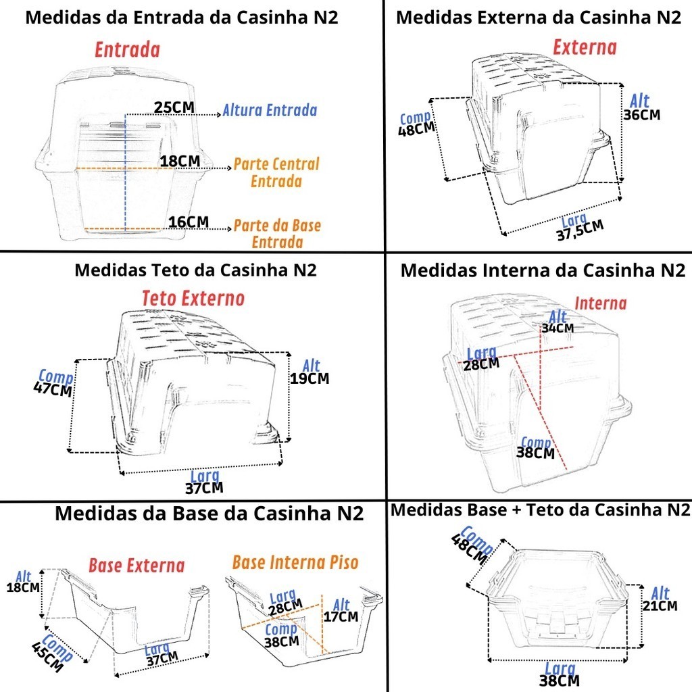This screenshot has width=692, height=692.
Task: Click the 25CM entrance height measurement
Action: [x=174, y=107]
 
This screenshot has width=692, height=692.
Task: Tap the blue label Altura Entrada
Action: [x=270, y=110]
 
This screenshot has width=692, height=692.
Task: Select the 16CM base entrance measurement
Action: [x=189, y=222]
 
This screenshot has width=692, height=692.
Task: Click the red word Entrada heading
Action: [x=127, y=49]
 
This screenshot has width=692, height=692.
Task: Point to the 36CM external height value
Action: [x=642, y=115]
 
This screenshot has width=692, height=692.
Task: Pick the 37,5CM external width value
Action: [x=580, y=230]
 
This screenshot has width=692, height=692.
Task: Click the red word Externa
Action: [x=585, y=47]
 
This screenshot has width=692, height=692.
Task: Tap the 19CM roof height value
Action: [x=310, y=378]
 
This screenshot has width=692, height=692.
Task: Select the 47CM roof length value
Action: [x=53, y=390]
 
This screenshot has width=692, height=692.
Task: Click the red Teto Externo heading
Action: [x=193, y=298]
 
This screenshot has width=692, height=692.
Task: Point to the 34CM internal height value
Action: [x=558, y=328]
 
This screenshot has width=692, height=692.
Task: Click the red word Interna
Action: [x=600, y=303]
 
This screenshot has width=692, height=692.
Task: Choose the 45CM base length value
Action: [x=47, y=656]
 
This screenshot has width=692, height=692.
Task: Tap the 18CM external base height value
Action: [x=23, y=587]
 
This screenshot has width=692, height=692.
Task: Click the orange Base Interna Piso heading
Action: [x=295, y=562]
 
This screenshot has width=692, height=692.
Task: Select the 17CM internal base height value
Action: [x=341, y=616]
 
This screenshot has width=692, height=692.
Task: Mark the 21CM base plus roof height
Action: [x=660, y=605]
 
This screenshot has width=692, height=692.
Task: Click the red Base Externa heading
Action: [x=137, y=566]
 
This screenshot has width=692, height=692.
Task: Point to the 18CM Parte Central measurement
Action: [x=180, y=161]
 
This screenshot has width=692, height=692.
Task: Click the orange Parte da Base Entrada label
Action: [x=277, y=233]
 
